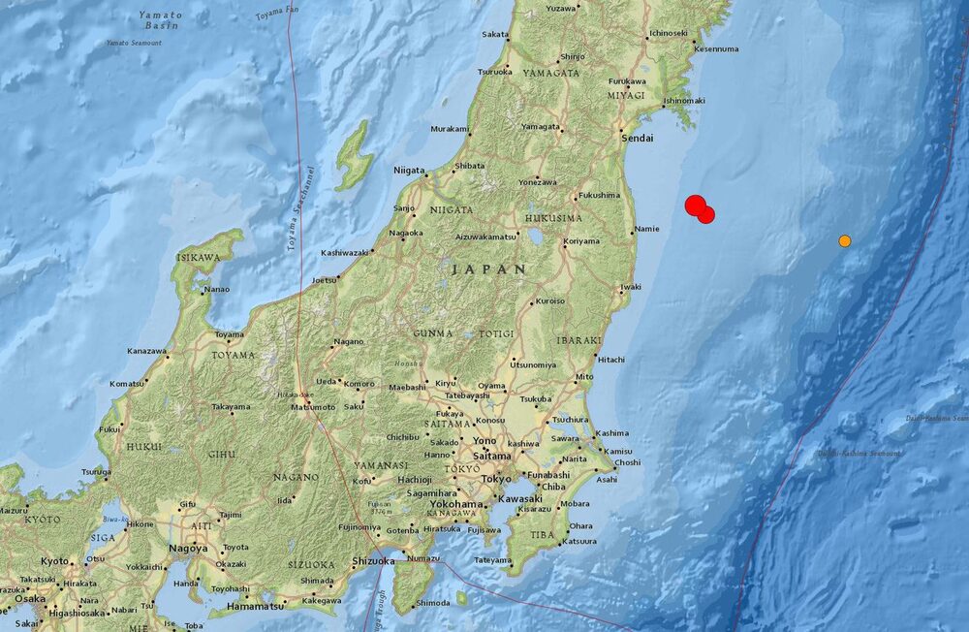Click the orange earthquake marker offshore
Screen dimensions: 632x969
(x=845, y=240)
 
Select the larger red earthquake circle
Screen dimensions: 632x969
(x=695, y=205)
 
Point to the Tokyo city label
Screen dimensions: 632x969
(x=495, y=479)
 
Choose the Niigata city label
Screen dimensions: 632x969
(x=408, y=171)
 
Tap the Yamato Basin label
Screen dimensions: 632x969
(x=160, y=20)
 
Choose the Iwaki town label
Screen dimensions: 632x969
(x=631, y=287)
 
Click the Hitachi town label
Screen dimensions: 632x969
(x=611, y=360)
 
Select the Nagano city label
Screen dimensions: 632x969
(x=348, y=341)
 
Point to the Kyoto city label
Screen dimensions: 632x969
(x=54, y=561)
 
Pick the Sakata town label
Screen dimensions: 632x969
(x=494, y=35)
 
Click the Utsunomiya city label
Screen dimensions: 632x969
(x=533, y=364)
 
